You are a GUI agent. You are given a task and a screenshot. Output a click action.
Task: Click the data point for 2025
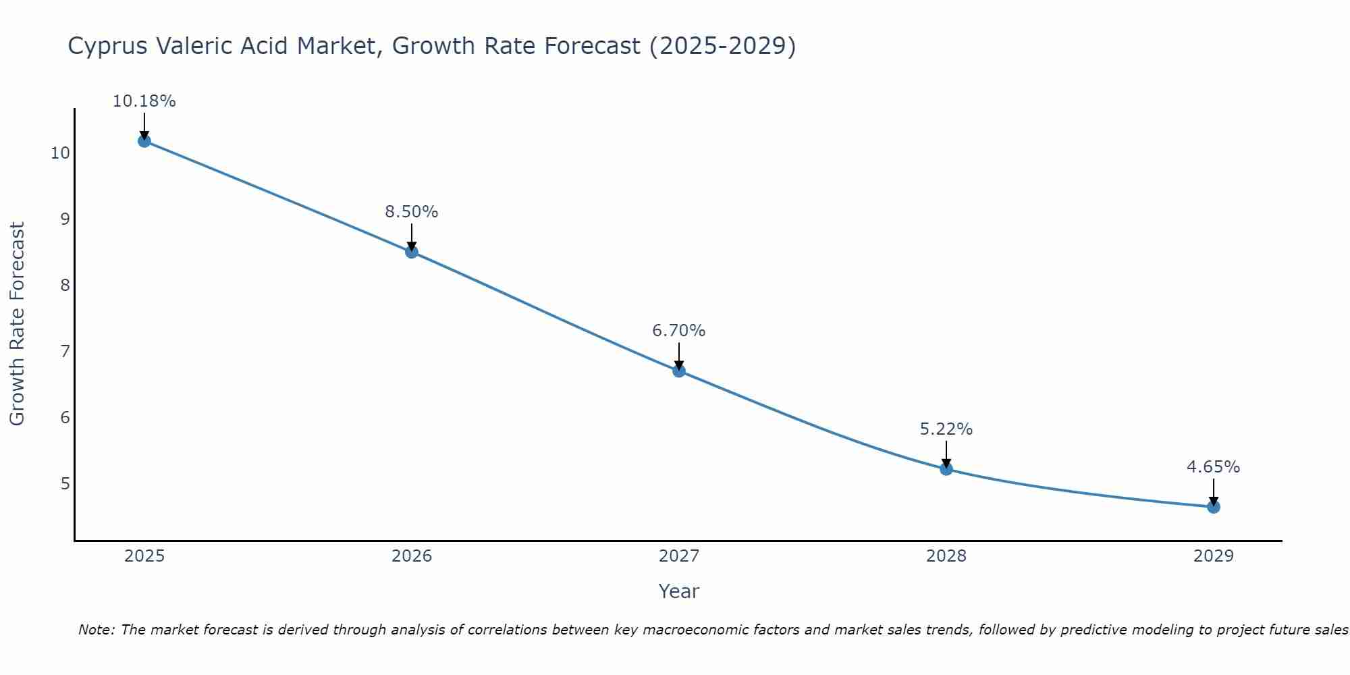pos(144,141)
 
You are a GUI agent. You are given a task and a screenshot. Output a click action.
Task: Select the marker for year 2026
pos(412,252)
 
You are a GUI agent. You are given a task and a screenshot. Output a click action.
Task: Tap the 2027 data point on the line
pos(679,371)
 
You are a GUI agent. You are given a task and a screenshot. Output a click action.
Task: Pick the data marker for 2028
pos(946,468)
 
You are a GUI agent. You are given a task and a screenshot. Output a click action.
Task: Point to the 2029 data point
pos(1214,507)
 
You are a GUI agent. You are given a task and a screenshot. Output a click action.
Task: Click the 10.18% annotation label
pos(144,101)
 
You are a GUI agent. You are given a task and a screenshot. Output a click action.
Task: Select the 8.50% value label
pos(412,212)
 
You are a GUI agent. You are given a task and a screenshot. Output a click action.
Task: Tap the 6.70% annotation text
pos(679,331)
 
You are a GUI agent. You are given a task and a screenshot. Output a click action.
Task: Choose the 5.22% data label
pos(946,429)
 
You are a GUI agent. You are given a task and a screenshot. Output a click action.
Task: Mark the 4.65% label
pos(1214,467)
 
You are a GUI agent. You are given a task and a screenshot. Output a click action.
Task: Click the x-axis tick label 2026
pos(412,556)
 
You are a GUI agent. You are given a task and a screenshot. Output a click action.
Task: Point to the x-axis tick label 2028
pos(946,556)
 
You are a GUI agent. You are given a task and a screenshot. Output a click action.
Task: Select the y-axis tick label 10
pos(60,153)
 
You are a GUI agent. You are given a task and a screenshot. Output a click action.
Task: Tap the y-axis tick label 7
pos(65,352)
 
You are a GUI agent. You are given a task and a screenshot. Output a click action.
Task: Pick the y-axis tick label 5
pos(65,484)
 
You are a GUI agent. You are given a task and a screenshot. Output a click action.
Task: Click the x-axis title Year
pos(679,591)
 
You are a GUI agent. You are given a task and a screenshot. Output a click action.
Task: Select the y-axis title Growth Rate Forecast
pos(17,324)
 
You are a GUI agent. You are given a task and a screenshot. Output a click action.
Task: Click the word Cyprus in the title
pos(109,46)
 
